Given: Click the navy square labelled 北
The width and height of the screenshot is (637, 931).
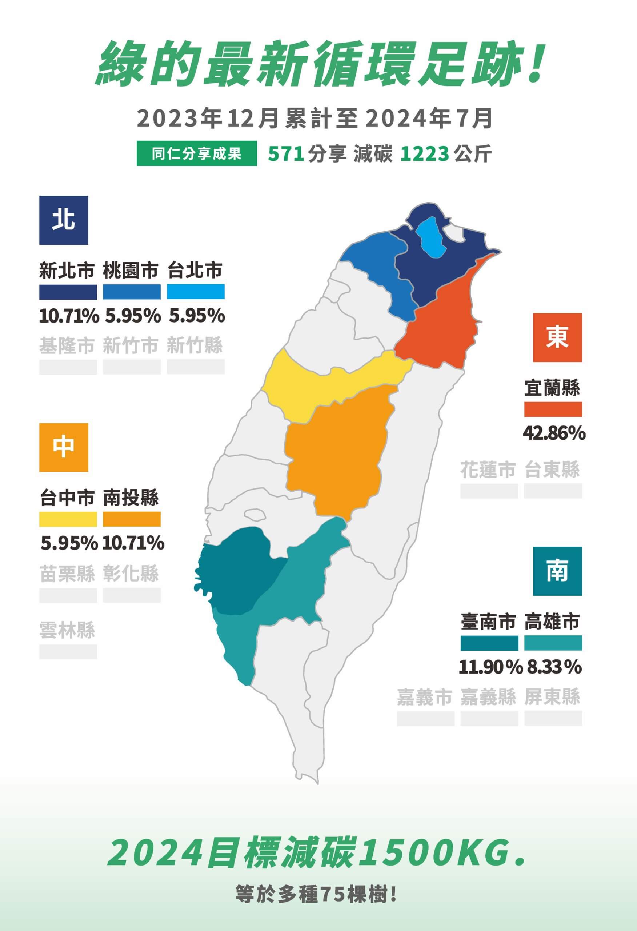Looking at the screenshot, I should [63, 220].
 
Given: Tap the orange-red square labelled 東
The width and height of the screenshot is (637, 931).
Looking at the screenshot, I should [557, 337].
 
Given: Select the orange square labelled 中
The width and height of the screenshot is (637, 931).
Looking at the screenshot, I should [63, 447].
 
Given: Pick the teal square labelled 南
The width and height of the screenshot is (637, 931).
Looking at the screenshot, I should [557, 571].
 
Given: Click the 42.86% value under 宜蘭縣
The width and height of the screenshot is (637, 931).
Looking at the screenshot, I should [554, 433].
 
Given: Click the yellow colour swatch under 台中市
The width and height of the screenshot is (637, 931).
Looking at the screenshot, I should [68, 519].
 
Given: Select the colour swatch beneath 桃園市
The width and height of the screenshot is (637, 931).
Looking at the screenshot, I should [131, 292].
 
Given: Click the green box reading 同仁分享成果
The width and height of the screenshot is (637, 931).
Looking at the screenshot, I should [196, 153].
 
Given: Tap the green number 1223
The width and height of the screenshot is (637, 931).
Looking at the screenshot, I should [424, 154].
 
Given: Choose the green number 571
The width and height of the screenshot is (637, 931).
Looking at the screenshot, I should [285, 154].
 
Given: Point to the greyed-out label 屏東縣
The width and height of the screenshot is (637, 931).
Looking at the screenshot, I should [552, 697].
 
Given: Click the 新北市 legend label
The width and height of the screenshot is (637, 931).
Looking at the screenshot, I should [67, 271].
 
